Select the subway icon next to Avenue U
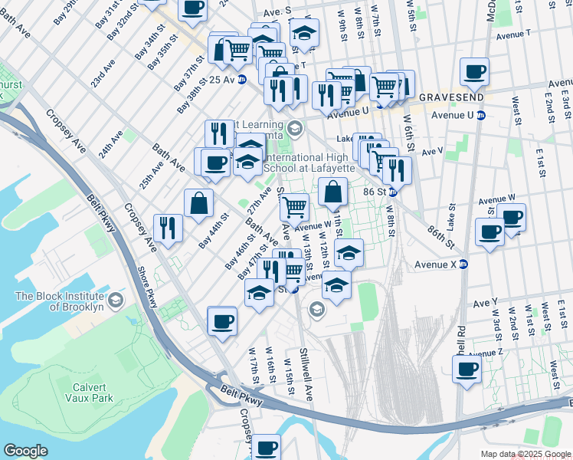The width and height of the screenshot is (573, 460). (x=481, y=116)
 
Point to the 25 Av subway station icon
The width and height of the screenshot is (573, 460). (x=242, y=79)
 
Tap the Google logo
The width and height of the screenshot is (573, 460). (x=25, y=451)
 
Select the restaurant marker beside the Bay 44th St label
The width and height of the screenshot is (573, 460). (x=168, y=227)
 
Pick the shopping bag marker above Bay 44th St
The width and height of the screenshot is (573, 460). (x=198, y=203)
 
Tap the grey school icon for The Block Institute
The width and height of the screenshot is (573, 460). (x=116, y=297)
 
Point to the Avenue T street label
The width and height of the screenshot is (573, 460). (x=512, y=35)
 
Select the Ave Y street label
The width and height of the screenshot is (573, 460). (x=485, y=302)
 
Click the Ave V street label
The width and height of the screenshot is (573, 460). (x=432, y=151)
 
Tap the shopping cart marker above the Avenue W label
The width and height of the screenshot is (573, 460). (x=293, y=207)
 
